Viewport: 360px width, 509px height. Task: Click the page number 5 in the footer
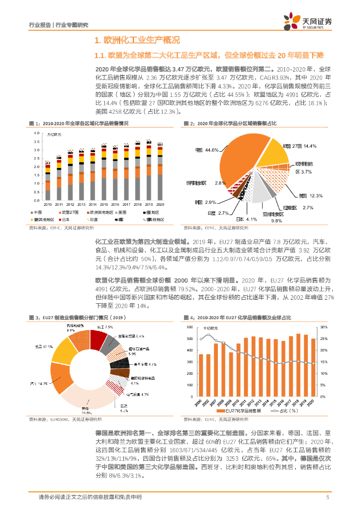(x=328, y=497)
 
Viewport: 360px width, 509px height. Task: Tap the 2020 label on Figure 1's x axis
(x=160, y=204)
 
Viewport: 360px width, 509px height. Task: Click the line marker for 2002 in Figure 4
(x=208, y=335)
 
